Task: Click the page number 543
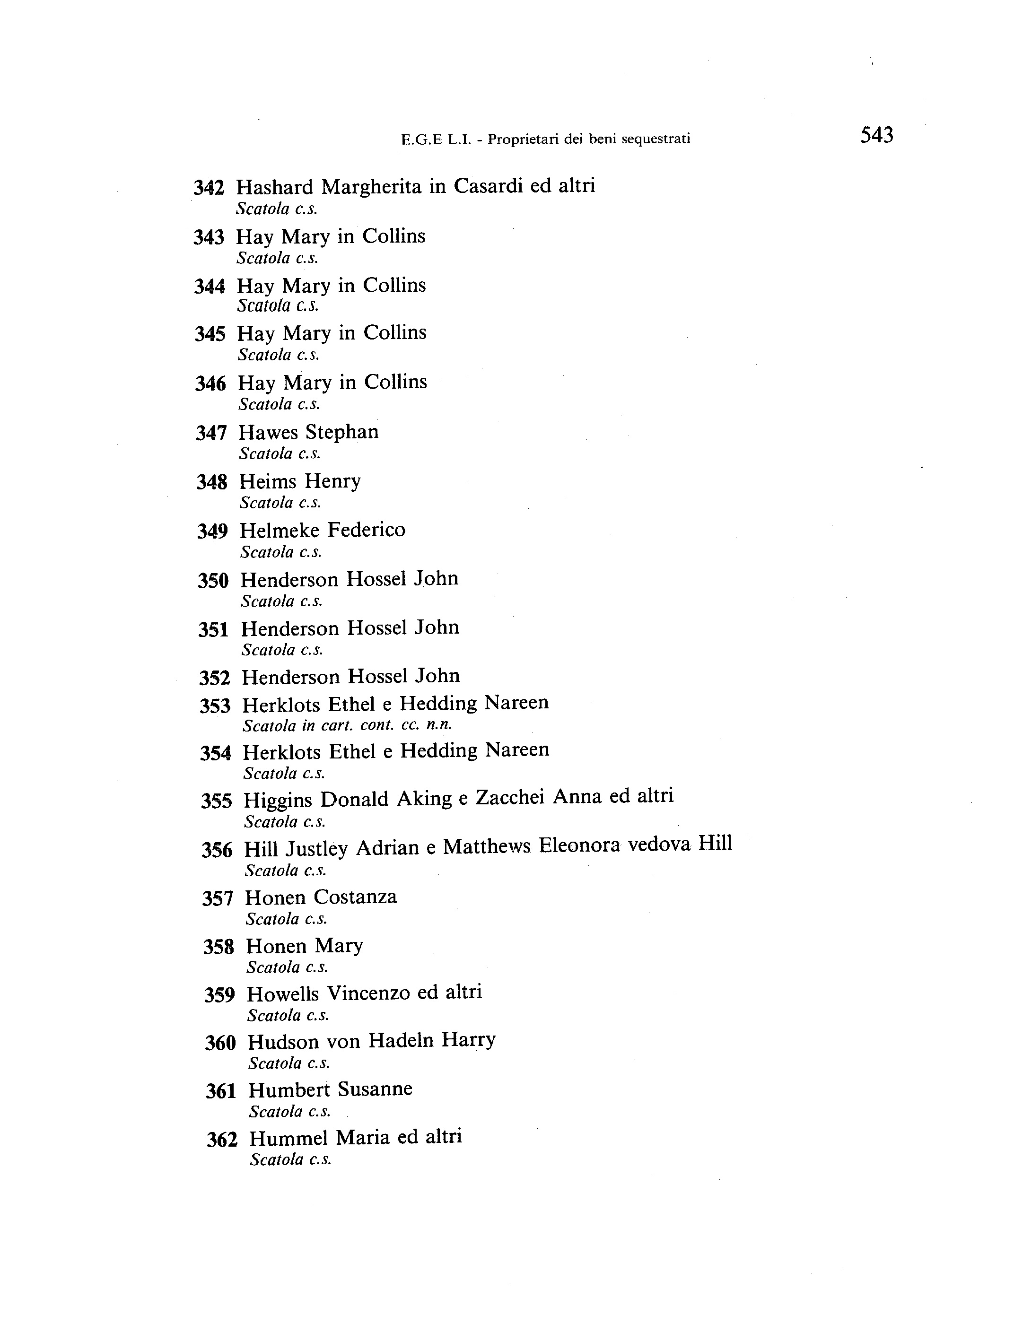click(876, 135)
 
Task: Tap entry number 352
click(215, 678)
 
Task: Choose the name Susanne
click(375, 1089)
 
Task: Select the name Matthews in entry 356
click(487, 847)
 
